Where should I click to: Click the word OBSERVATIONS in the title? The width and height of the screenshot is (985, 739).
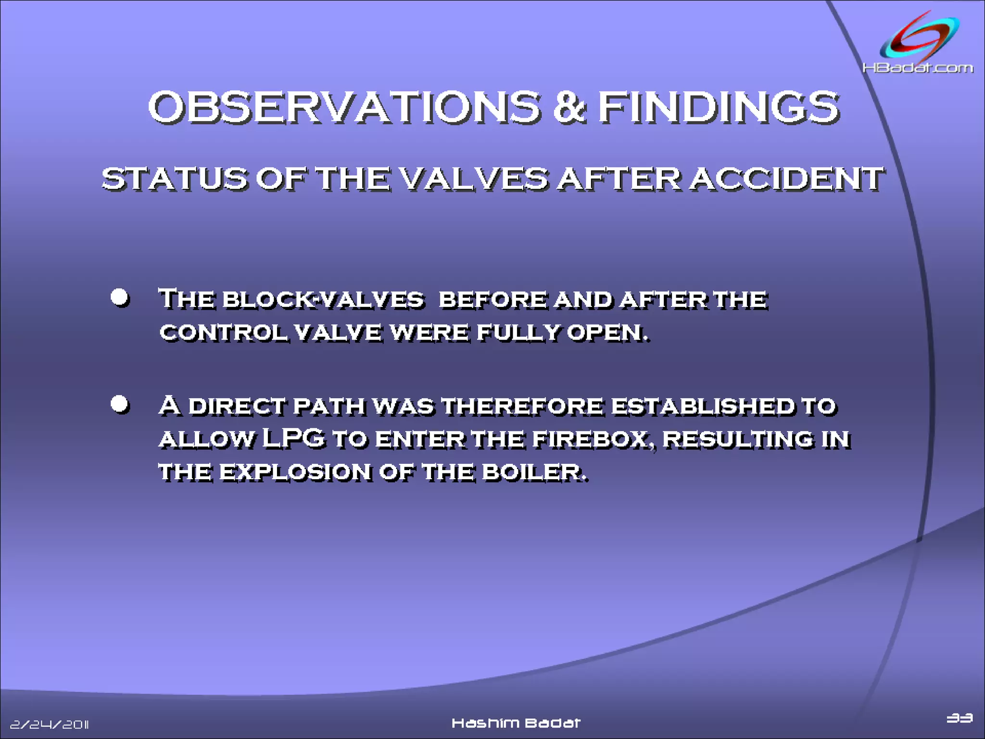(344, 107)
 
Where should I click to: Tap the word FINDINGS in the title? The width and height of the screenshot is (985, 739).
(718, 107)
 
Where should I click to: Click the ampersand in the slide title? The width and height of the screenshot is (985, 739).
(569, 107)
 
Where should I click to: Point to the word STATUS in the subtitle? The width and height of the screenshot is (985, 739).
(174, 179)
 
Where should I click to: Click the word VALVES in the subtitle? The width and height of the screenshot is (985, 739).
(474, 179)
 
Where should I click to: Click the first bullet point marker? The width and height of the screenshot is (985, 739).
(119, 297)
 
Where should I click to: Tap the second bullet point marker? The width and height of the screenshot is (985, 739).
(119, 404)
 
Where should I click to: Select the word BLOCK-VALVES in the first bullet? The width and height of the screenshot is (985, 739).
(323, 300)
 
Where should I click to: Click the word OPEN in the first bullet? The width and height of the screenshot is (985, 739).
(607, 332)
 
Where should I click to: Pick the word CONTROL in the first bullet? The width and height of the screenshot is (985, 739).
(223, 332)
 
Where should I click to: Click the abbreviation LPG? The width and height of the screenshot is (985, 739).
(294, 438)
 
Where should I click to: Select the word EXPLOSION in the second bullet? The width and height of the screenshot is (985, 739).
(295, 472)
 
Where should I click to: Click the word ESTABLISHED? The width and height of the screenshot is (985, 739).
(703, 406)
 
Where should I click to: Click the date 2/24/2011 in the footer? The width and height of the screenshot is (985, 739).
(50, 724)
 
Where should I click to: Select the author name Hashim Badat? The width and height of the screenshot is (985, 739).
(516, 723)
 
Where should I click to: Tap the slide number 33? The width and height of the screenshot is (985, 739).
(959, 718)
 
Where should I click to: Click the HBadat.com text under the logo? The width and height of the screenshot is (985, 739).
(917, 68)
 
